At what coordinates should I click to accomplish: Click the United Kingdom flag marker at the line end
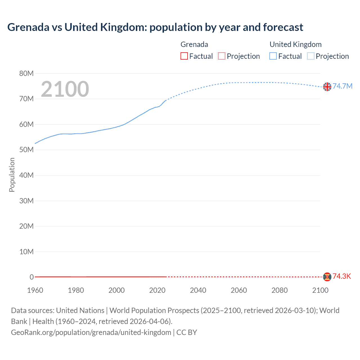[x=327, y=87]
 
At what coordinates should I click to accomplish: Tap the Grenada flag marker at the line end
[x=327, y=277]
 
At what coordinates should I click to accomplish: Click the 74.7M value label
[x=342, y=86]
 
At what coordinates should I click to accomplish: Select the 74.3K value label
[x=342, y=276]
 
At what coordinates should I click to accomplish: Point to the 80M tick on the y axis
[x=26, y=73]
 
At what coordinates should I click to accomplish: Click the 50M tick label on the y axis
[x=26, y=150]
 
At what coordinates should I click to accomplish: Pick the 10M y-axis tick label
[x=26, y=252]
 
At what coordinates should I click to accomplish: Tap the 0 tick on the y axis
[x=32, y=277]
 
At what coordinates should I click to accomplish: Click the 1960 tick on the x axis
[x=35, y=290]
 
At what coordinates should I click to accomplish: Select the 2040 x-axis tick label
[x=198, y=290]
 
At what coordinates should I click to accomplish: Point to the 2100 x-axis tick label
[x=320, y=290]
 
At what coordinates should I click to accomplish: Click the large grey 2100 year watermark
[x=65, y=89]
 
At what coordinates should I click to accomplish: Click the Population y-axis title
[x=12, y=175]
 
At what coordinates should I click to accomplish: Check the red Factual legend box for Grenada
[x=184, y=56]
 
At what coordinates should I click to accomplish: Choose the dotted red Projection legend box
[x=222, y=56]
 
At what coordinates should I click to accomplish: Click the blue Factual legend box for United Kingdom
[x=273, y=56]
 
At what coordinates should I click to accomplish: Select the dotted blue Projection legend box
[x=310, y=56]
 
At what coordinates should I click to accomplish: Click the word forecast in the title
[x=283, y=27]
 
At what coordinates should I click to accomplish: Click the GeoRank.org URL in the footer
[x=91, y=332]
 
